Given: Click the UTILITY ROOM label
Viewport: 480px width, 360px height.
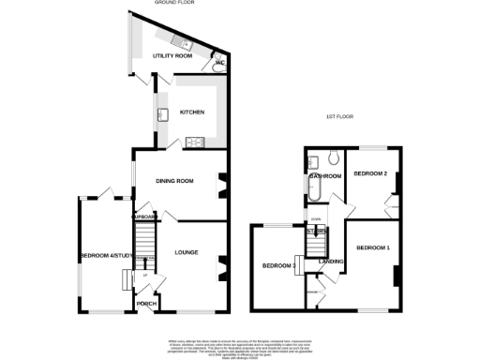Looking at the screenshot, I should [x=172, y=56].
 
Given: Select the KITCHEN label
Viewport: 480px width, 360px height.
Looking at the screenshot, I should [x=191, y=112].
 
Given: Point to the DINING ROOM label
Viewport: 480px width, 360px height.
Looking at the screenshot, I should [x=173, y=180].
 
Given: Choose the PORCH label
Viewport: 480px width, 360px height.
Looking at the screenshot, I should [x=147, y=304].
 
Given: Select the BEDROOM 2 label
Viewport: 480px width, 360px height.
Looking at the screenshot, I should [x=370, y=173].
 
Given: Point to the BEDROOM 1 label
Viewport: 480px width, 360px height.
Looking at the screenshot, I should [x=373, y=247].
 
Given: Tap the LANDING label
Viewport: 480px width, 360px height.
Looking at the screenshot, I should [x=331, y=261].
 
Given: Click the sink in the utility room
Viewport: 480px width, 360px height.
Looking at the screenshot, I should [x=181, y=42].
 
